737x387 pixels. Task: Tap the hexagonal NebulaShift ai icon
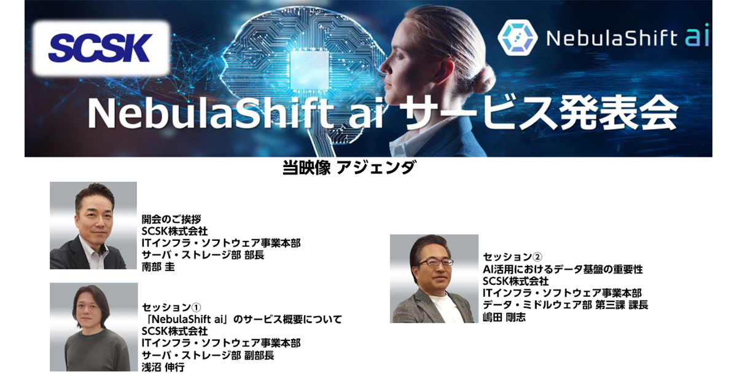point(517,37)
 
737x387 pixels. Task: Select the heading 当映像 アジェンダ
point(348,168)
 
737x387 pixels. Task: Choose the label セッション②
point(512,257)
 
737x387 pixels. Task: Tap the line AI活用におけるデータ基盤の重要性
point(563,269)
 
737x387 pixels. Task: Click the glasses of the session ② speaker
point(436,262)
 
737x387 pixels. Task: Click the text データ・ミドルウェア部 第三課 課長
point(565,305)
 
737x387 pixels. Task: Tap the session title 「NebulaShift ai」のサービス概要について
point(242,319)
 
